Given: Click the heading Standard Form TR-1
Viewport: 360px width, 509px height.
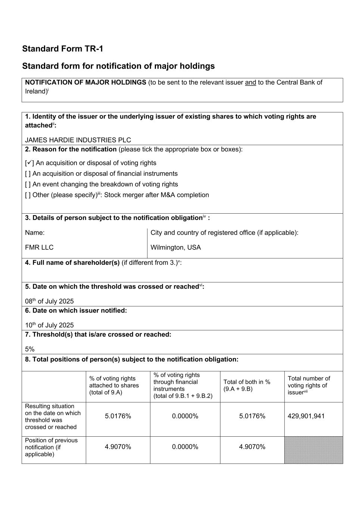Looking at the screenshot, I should [63, 49].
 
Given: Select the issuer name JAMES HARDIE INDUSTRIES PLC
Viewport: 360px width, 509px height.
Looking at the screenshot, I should [78, 140].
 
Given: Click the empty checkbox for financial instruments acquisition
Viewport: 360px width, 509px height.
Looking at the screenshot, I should [28, 174].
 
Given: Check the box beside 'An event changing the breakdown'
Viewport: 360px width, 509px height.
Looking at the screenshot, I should [28, 184].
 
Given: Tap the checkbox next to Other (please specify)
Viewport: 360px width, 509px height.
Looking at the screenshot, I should [28, 195].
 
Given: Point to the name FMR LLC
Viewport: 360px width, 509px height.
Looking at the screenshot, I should [39, 248].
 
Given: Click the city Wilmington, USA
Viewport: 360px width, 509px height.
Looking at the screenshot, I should [175, 248].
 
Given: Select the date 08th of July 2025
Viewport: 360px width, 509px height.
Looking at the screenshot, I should [49, 301].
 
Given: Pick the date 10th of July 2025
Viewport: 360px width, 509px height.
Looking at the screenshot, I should [49, 325].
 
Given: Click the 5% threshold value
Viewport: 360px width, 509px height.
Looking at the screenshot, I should [30, 349].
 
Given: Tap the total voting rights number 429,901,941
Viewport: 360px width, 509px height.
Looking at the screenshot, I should [306, 416].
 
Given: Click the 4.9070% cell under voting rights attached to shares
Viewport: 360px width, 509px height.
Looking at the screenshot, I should [118, 447].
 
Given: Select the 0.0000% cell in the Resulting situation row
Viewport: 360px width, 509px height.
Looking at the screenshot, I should [185, 416].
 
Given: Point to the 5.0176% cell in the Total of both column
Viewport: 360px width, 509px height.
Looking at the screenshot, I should [252, 416].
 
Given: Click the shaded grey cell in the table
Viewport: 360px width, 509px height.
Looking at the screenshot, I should [313, 450].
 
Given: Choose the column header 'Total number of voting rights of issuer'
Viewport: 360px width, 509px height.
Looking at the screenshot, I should [309, 385].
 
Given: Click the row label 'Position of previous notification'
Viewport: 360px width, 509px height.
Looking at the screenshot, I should [51, 447].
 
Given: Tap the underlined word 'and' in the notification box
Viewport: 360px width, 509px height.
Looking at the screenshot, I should [250, 82].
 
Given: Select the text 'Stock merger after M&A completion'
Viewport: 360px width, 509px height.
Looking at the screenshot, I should [156, 195].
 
